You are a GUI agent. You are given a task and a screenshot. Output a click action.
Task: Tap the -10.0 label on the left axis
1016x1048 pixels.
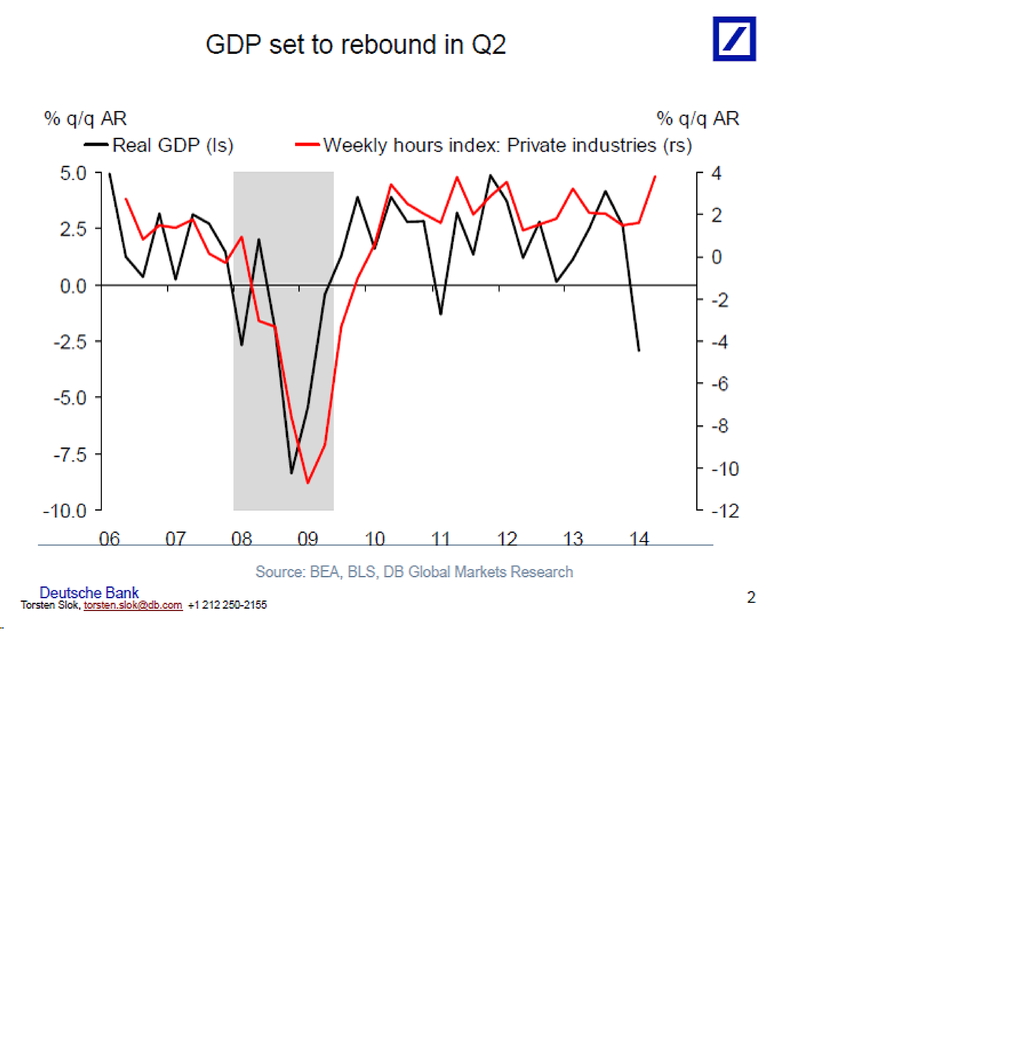click(65, 511)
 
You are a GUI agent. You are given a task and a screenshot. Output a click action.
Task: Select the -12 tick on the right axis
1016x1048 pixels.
click(725, 511)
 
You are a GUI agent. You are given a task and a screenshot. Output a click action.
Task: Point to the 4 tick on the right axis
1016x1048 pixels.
click(716, 173)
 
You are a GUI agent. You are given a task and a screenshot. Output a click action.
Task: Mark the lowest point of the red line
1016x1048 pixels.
click(307, 483)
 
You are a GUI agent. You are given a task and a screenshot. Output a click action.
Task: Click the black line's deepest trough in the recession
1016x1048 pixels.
click(292, 473)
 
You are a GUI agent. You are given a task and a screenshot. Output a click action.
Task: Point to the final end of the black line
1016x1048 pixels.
click(639, 351)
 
